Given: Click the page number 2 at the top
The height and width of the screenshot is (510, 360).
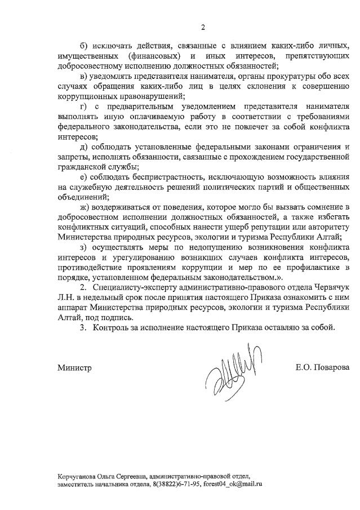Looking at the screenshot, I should click(x=203, y=27).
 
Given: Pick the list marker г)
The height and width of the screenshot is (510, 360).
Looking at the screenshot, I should click(x=83, y=107).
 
